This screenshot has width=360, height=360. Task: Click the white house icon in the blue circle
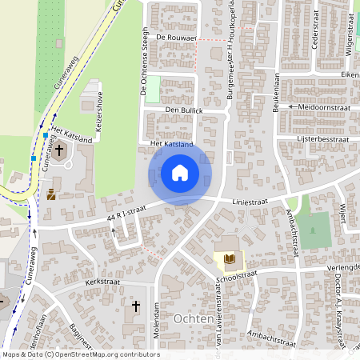(180, 172)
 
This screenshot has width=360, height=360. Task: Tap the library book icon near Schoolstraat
(229, 258)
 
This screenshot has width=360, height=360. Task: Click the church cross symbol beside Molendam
(136, 306)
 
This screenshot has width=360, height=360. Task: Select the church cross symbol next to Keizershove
(59, 150)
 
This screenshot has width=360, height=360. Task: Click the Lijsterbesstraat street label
(323, 138)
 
